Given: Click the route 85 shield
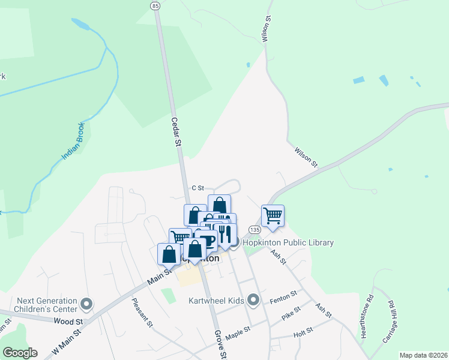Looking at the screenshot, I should click(x=155, y=5).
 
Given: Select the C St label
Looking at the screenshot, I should click(x=198, y=188).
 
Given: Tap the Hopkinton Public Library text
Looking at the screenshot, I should click(x=288, y=242).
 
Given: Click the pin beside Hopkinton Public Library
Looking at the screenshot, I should click(x=234, y=242).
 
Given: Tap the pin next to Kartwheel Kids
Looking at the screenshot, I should click(x=253, y=299).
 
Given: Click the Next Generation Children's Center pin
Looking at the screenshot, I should click(x=87, y=305).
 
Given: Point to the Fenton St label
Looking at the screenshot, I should click(x=283, y=296).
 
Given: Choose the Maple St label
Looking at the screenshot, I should click(x=238, y=332).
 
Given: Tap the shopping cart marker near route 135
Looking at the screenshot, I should click(x=273, y=215).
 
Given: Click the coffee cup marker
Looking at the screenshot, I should click(x=206, y=240).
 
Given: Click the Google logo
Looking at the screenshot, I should click(x=20, y=353).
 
